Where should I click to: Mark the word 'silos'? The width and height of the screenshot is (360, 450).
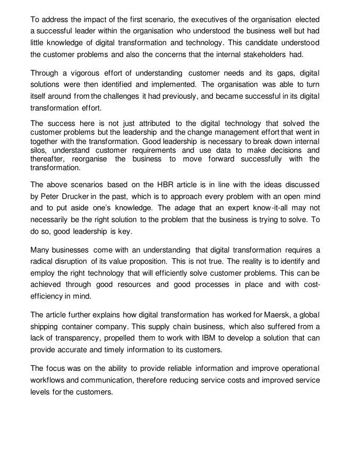(x=39, y=150)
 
